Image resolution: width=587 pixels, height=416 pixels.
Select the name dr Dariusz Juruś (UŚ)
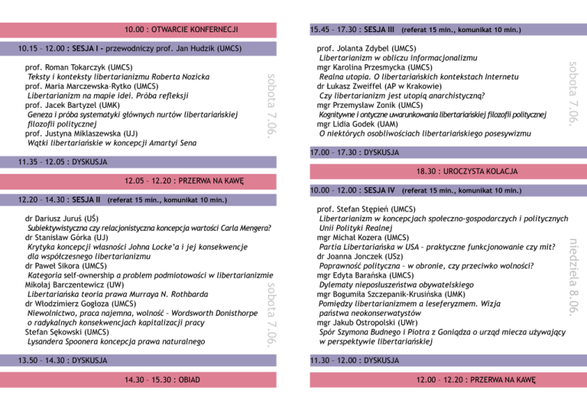pos(63,219)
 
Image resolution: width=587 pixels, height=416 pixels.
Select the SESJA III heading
pos(379,30)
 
